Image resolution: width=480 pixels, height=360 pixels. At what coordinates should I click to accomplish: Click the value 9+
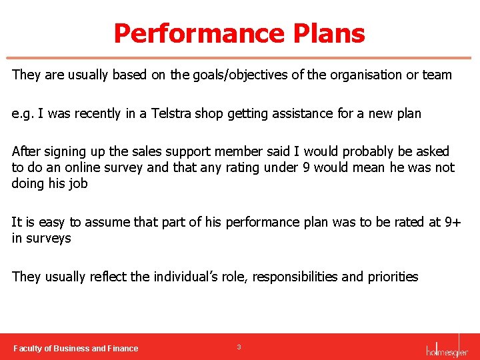click(x=452, y=222)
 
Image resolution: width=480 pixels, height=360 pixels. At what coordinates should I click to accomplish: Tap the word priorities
click(x=392, y=277)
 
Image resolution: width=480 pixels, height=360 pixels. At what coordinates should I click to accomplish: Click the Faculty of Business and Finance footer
click(x=76, y=348)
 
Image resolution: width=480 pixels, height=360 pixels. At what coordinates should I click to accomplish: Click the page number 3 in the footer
click(x=239, y=347)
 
